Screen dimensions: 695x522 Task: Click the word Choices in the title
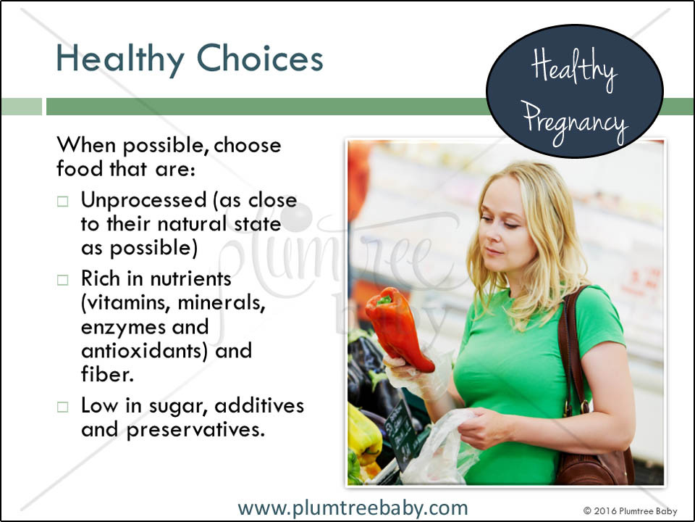(260, 58)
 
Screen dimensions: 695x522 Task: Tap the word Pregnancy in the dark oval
(575, 123)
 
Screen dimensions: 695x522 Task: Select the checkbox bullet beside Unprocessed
(62, 202)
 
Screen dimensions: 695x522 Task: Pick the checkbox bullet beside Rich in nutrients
(62, 280)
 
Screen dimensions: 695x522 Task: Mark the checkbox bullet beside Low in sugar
(62, 407)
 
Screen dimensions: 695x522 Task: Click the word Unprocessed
(143, 201)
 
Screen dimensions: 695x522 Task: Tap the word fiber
(107, 374)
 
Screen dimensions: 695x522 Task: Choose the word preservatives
(195, 431)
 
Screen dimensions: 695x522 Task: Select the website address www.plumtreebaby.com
(353, 508)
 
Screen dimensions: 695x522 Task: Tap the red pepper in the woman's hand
(398, 328)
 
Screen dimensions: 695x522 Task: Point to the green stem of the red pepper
(384, 300)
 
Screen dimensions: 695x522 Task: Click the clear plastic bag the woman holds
(439, 448)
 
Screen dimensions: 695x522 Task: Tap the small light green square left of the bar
(21, 107)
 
